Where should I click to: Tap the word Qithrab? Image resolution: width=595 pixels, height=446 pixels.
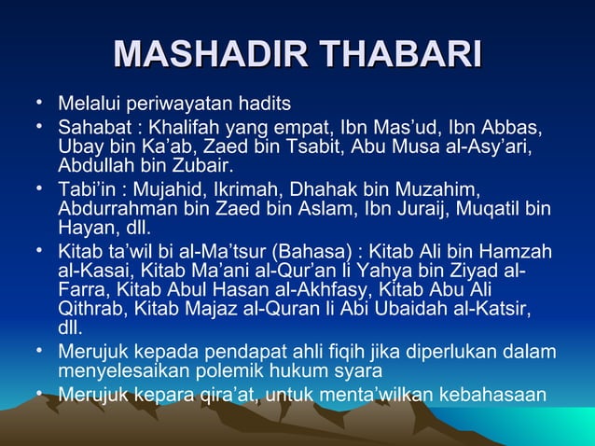(93, 310)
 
